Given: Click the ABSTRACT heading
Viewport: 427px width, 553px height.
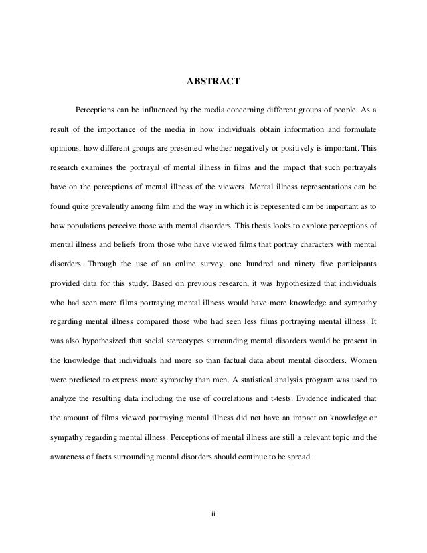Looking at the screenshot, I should pyautogui.click(x=213, y=83).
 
